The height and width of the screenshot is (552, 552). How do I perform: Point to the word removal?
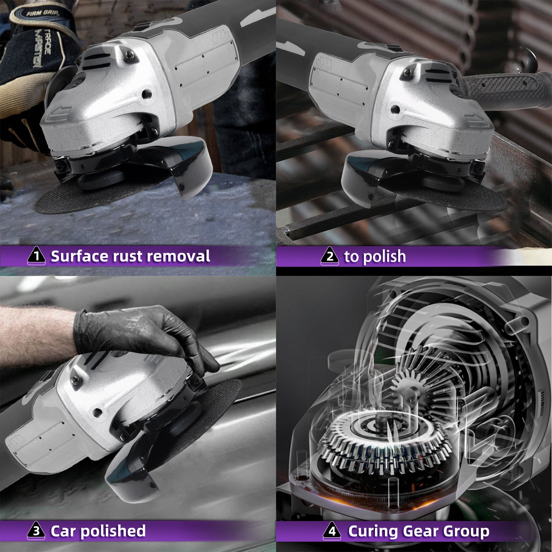click(180, 256)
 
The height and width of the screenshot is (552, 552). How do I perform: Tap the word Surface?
click(80, 256)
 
